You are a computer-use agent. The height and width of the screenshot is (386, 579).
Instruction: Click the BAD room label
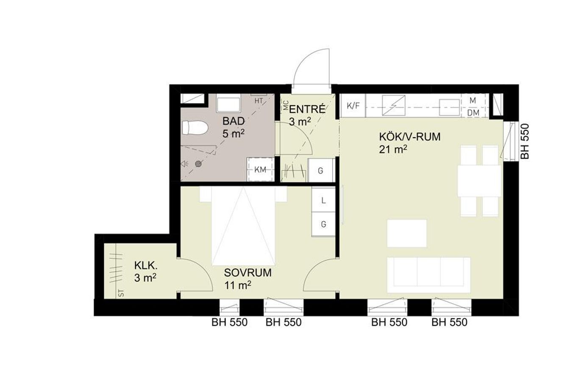click(234, 121)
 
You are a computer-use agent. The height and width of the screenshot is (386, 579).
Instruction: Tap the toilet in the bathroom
click(195, 128)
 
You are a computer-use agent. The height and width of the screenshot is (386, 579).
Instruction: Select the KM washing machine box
click(260, 169)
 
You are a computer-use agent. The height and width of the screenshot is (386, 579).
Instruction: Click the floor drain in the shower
click(198, 164)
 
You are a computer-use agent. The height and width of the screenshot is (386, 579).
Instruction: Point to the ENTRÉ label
click(307, 109)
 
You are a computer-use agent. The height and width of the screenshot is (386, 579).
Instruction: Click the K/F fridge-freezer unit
click(353, 106)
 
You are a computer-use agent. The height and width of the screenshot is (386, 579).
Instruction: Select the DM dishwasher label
click(473, 113)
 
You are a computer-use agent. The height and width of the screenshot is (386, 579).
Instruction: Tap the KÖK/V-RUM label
click(410, 137)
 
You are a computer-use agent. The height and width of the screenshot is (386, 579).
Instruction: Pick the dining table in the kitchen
click(479, 181)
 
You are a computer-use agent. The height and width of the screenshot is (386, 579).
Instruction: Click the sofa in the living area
click(429, 275)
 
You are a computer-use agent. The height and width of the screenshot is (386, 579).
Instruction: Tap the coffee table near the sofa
click(407, 233)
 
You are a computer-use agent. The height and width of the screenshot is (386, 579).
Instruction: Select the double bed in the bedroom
click(243, 226)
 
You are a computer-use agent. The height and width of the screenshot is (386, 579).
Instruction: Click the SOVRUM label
click(248, 273)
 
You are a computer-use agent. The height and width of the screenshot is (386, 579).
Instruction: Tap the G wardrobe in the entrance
click(320, 170)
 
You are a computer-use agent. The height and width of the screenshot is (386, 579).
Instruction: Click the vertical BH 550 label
click(525, 142)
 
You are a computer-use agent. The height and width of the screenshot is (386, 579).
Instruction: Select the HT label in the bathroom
click(259, 101)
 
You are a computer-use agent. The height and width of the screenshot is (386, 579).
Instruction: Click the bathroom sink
click(228, 103)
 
